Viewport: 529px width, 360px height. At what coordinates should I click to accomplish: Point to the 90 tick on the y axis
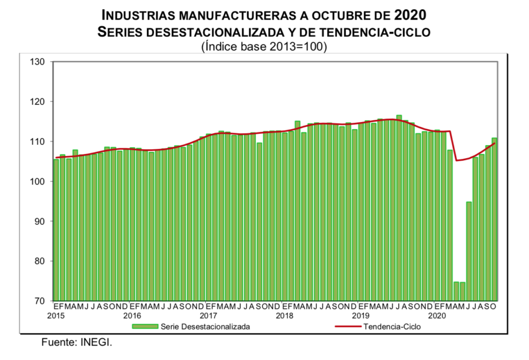pyautogui.click(x=40, y=221)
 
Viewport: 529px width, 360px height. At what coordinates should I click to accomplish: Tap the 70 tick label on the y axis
pyautogui.click(x=40, y=301)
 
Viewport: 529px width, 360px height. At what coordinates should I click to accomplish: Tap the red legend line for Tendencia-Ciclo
pyautogui.click(x=348, y=326)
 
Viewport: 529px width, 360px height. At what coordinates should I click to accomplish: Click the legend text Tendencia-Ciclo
pyautogui.click(x=392, y=326)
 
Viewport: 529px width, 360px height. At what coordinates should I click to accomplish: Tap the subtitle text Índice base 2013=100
pyautogui.click(x=264, y=47)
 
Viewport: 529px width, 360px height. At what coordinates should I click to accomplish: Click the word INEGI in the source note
pyautogui.click(x=97, y=342)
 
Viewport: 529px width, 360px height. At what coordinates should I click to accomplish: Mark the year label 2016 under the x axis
pyautogui.click(x=132, y=315)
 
